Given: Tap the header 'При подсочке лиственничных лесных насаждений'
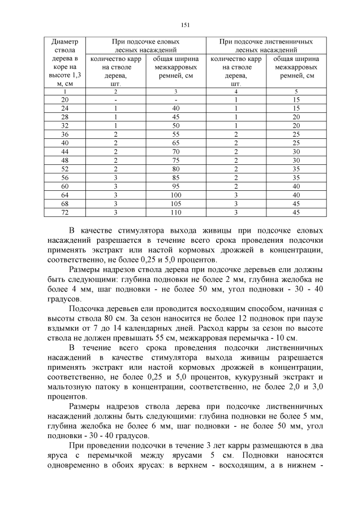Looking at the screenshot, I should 266,46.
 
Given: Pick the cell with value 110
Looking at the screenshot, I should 175,212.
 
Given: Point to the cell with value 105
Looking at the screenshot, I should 175,204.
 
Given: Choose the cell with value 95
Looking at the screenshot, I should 175,186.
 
